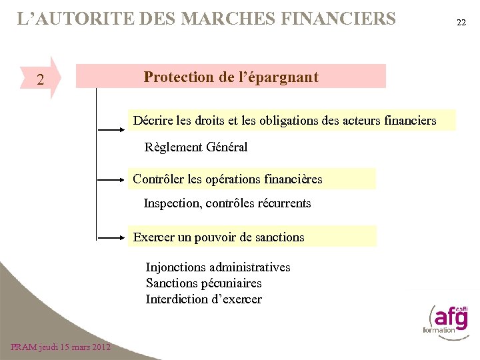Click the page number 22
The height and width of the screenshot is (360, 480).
(461, 23)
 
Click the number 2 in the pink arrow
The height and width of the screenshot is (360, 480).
(41, 81)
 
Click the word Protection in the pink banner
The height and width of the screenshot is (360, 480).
(177, 77)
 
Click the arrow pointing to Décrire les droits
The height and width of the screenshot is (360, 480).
(111, 124)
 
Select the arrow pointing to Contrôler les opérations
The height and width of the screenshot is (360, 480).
(111, 180)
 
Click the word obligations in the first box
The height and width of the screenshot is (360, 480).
(290, 121)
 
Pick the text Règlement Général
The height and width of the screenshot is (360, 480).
(196, 147)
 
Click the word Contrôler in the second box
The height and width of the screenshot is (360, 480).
(159, 179)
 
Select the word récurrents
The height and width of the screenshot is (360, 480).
(283, 203)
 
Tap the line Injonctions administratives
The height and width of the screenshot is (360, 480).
(218, 267)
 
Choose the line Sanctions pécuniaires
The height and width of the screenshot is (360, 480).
(204, 283)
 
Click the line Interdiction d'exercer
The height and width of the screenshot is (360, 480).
(204, 299)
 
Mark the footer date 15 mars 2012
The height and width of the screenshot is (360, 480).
(73, 347)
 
